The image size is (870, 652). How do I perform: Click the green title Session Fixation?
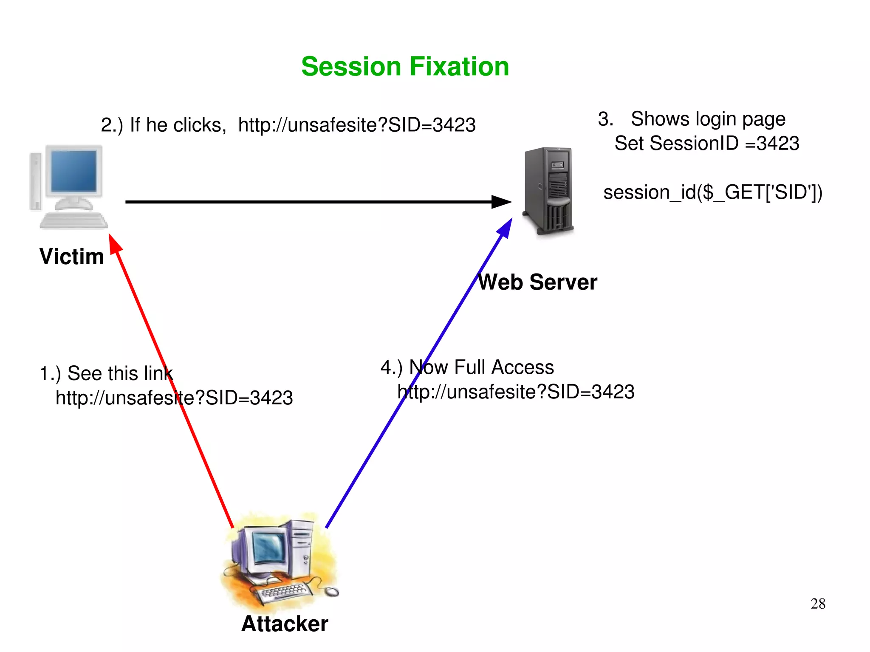(x=405, y=67)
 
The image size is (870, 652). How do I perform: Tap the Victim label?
(x=71, y=257)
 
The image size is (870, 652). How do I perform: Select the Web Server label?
(x=537, y=282)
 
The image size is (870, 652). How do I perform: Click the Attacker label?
(x=285, y=624)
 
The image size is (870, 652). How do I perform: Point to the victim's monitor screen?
(x=73, y=171)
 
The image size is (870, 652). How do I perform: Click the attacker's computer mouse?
(x=332, y=591)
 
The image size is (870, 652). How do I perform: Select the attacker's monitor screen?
(x=268, y=548)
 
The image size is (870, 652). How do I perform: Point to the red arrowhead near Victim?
(x=115, y=244)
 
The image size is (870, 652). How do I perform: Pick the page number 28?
(x=818, y=604)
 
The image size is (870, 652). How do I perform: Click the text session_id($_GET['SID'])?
(x=713, y=192)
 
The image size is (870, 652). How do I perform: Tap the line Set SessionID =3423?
(x=706, y=144)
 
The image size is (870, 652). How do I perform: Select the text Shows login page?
(x=708, y=119)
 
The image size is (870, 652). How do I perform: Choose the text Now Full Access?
(x=481, y=367)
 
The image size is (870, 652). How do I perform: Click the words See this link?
(x=120, y=373)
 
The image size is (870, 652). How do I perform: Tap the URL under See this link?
(x=174, y=398)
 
